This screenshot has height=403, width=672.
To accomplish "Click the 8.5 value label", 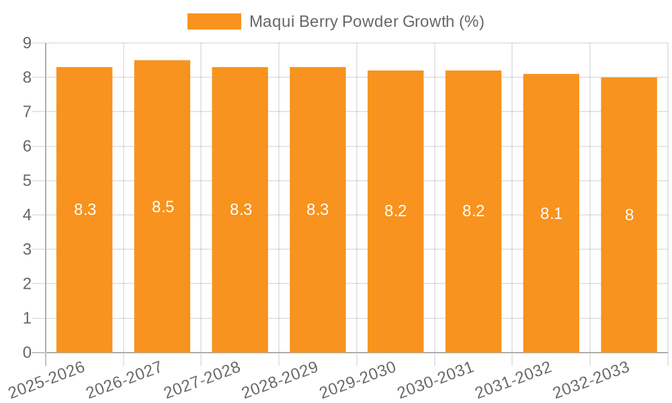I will coord(163,207).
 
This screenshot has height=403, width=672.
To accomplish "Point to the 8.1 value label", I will coord(551,214).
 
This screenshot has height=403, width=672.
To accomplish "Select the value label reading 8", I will coord(629,215).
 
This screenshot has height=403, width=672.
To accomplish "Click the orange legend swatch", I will coord(214,21).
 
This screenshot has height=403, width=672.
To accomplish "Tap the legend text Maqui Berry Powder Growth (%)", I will coord(366,21).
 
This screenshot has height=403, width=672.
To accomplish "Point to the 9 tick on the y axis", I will coord(27,43).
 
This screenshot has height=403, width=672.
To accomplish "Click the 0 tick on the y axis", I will coord(27,353).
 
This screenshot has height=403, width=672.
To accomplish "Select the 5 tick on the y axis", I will coord(27,181).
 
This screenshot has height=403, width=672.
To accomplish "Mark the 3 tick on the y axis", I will coord(27,249).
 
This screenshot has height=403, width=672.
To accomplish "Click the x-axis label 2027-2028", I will coord(202,379).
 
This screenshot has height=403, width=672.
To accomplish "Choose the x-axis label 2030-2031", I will coord(436,379).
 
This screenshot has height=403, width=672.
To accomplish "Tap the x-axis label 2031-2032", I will coord(514,379).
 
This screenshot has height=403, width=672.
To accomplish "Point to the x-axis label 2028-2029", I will coord(280,379).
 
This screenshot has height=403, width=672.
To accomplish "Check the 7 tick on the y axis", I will coord(27,111).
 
